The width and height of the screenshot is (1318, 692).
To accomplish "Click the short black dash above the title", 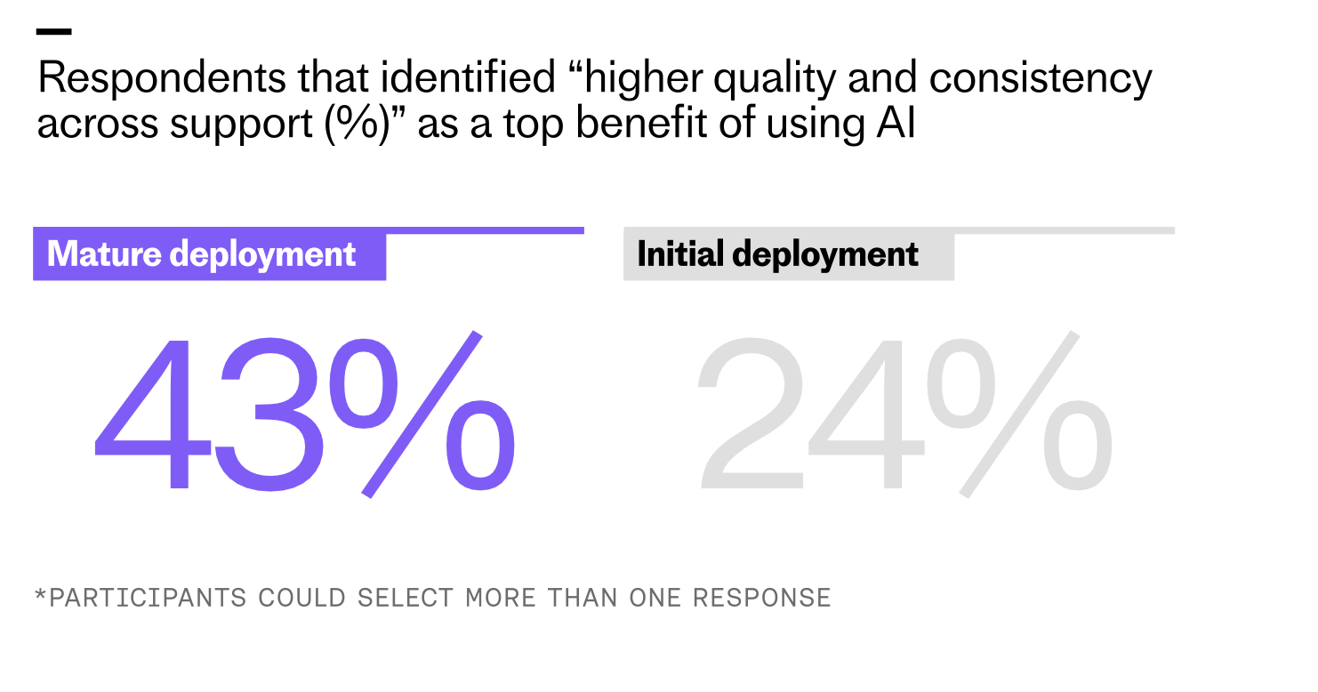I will point(53,32).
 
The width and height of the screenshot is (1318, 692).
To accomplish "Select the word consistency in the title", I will point(1041,79).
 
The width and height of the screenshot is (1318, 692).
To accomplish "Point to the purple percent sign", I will point(422,414).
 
